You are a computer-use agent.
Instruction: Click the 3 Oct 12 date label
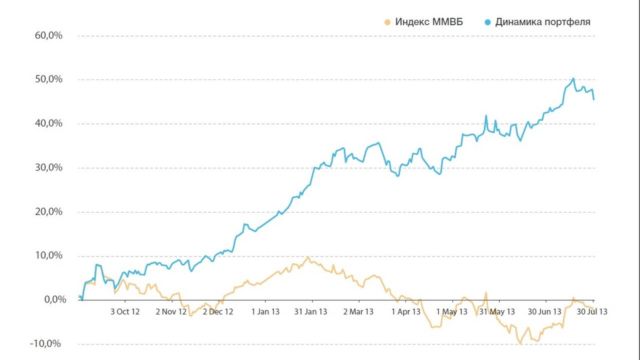[x=125, y=311]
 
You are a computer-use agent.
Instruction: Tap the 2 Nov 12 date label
[x=171, y=311]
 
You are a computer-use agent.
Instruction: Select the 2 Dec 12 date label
[x=218, y=311]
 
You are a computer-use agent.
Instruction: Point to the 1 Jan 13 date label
[x=265, y=311]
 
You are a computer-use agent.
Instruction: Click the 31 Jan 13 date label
[x=310, y=311]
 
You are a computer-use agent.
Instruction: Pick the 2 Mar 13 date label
[x=358, y=311]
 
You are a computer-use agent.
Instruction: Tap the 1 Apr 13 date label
[x=405, y=311]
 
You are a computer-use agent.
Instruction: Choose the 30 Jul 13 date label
[x=592, y=311]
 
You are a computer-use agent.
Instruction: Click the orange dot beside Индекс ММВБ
[x=387, y=22]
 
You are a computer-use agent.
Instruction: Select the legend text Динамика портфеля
[x=542, y=22]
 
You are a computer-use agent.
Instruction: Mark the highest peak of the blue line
[x=573, y=78]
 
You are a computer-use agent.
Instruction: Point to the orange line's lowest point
[x=520, y=343]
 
